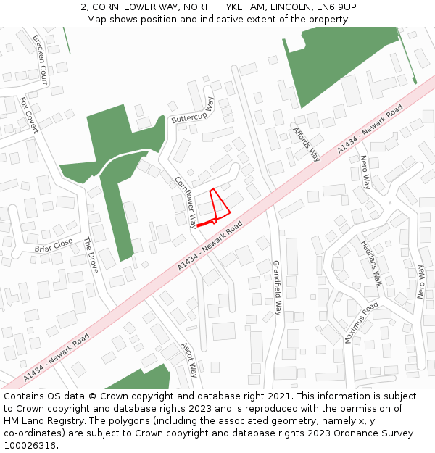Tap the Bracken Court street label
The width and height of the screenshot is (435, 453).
point(39,59)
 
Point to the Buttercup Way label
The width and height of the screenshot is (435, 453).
point(193,112)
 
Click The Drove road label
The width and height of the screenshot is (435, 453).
point(91,254)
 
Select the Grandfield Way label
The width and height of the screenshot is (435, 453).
point(276,288)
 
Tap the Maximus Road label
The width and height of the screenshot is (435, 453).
point(361,323)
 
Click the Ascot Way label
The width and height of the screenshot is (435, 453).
point(188,360)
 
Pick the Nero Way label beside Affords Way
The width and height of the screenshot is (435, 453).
point(365,171)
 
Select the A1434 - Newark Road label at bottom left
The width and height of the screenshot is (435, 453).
point(56,357)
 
